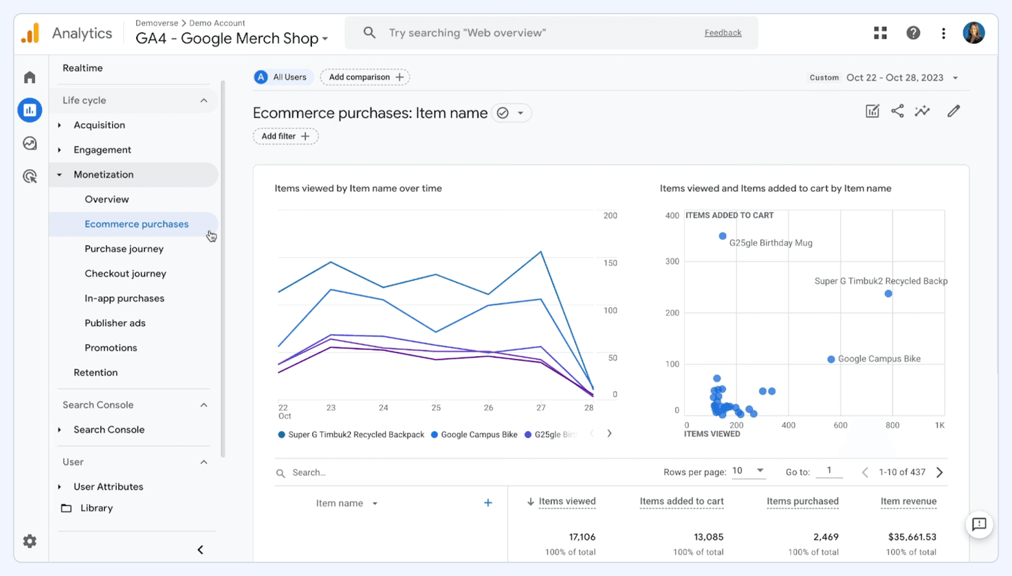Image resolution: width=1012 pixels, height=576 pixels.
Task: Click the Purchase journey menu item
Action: (124, 249)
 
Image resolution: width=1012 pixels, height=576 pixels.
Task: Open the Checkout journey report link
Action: (125, 273)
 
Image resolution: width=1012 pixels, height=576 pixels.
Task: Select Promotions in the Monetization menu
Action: (111, 348)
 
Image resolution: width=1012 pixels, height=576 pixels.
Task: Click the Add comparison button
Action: (365, 77)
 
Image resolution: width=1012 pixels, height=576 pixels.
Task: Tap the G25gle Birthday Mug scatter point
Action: (723, 236)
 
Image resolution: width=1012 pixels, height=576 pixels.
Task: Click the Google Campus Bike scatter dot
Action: (831, 359)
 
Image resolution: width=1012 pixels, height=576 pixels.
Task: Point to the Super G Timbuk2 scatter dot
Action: (888, 294)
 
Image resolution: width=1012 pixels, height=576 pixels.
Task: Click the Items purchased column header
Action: (802, 501)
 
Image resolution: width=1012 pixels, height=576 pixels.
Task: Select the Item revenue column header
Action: (908, 501)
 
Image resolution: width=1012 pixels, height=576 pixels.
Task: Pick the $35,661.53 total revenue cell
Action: (912, 537)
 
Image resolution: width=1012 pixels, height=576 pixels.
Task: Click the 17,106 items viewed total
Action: (582, 537)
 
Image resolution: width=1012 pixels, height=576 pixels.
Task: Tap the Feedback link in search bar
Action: (723, 33)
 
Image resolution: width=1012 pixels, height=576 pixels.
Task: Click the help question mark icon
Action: (913, 33)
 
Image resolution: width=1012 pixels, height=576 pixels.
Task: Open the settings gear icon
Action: (30, 541)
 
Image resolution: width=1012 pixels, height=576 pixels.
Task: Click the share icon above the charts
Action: (897, 111)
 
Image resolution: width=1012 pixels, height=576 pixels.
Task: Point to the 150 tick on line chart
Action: (610, 263)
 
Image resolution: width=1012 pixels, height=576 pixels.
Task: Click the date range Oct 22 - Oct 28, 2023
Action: (895, 78)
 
